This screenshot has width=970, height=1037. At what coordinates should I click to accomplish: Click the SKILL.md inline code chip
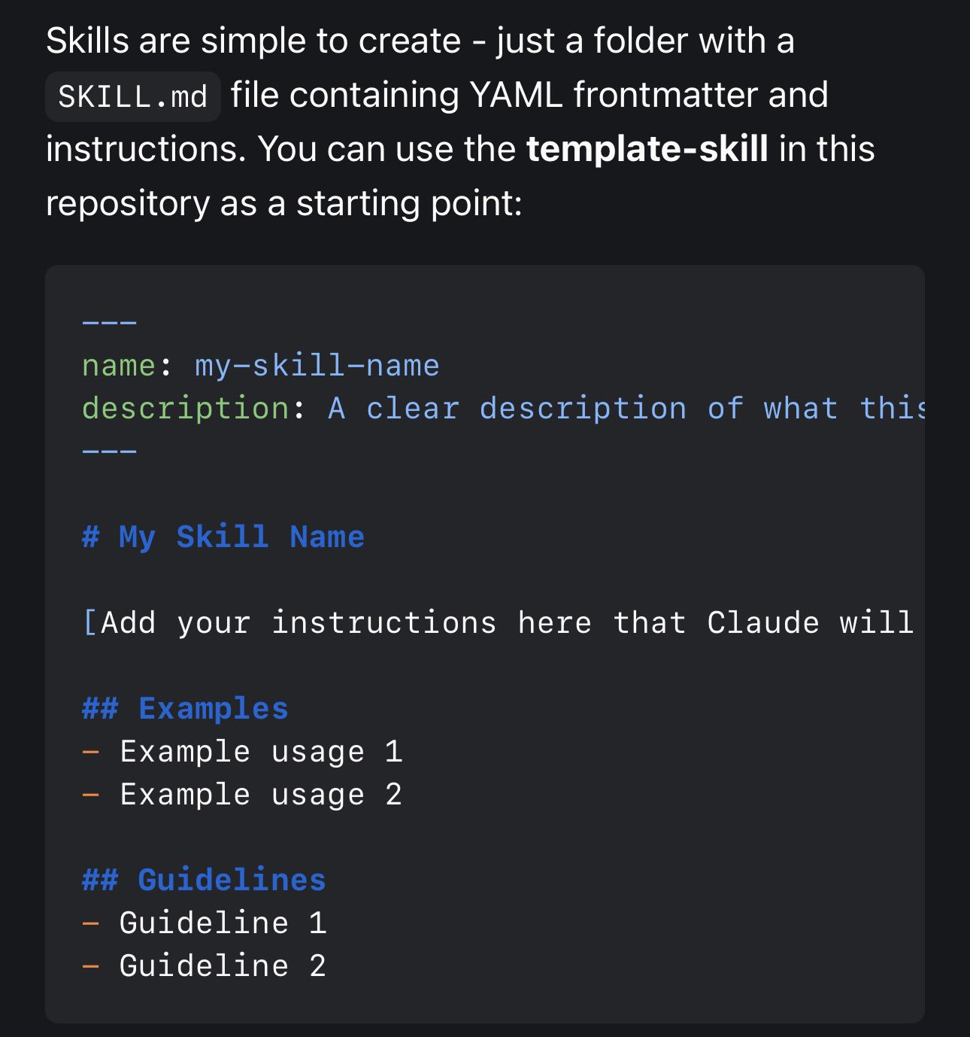click(x=132, y=96)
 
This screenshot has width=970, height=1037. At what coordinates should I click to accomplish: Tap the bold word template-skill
click(x=647, y=149)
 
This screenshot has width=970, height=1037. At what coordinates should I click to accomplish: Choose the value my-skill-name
click(x=317, y=366)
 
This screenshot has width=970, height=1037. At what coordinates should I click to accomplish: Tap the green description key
click(x=185, y=409)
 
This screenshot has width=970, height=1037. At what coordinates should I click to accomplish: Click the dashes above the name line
click(x=110, y=323)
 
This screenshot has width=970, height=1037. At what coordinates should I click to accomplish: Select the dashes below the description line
click(x=110, y=452)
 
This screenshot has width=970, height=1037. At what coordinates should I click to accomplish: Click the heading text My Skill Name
click(x=241, y=537)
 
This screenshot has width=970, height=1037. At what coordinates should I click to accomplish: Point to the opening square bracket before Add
click(x=89, y=623)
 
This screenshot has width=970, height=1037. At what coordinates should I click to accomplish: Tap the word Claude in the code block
click(x=762, y=623)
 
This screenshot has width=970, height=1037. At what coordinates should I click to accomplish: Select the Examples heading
click(x=213, y=709)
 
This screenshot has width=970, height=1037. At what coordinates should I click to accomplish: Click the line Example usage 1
click(x=260, y=752)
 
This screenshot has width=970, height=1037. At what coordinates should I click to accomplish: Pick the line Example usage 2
click(x=260, y=795)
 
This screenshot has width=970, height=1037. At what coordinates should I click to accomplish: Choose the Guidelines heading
click(x=232, y=880)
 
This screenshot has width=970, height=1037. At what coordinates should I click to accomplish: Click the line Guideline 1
click(x=223, y=923)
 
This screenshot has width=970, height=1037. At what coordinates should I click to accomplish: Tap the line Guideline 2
click(x=223, y=966)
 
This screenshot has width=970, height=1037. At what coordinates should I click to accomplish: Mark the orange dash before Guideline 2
click(x=90, y=966)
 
